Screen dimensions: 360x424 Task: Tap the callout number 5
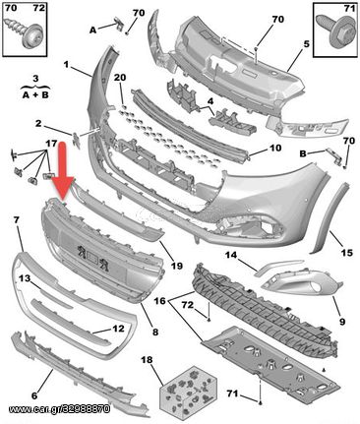tap(306, 44)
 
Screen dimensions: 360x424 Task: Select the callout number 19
tap(177, 266)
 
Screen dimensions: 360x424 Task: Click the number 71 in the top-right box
tap(350, 8)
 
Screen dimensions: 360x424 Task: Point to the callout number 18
tap(147, 360)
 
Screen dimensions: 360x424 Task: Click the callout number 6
tap(34, 395)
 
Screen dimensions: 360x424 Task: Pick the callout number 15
tap(347, 253)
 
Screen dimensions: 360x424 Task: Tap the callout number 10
tap(275, 148)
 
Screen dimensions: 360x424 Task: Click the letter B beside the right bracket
tap(303, 153)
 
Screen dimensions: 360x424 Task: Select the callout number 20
tap(120, 78)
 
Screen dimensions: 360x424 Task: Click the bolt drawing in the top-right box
tap(335, 31)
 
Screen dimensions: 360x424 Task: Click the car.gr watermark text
tap(59, 409)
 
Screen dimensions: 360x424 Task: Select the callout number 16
tap(160, 300)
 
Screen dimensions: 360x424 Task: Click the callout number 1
tap(66, 65)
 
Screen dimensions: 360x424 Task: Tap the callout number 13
tap(25, 278)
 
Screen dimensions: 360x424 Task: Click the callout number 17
tap(51, 144)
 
